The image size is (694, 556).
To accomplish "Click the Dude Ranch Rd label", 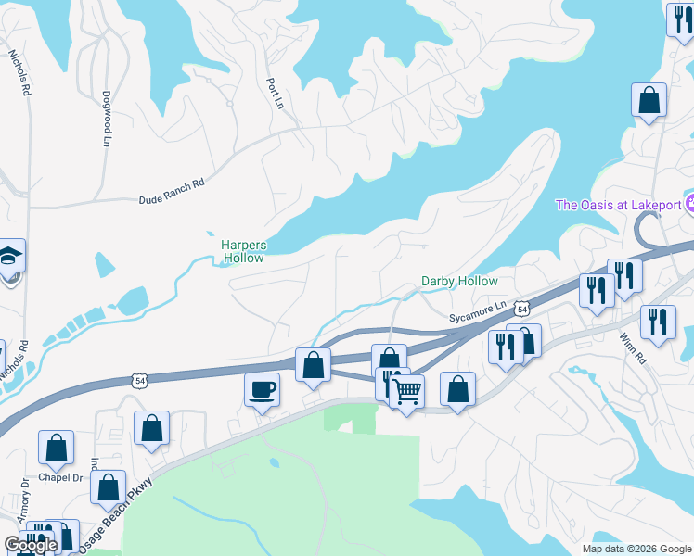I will click(171, 193).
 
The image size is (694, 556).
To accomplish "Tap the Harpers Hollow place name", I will click(243, 251).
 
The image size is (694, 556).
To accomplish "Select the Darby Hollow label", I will click(459, 281).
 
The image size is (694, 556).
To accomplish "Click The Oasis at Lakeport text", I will click(618, 205).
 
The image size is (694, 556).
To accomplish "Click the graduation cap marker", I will click(8, 256).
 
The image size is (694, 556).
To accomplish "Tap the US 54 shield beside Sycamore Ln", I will click(523, 308).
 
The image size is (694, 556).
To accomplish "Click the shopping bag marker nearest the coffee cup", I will click(314, 364).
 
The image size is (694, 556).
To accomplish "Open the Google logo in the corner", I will click(31, 545).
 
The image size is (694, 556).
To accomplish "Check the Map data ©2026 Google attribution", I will click(636, 549).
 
